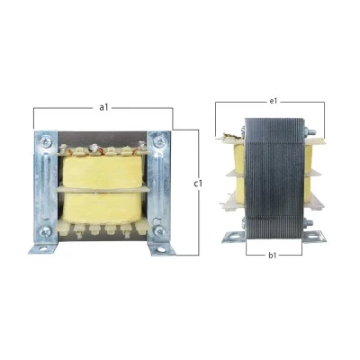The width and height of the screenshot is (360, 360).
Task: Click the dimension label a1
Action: click(x=103, y=107)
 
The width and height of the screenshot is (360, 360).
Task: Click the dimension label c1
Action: click(x=198, y=184)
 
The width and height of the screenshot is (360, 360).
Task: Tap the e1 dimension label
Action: click(x=273, y=102)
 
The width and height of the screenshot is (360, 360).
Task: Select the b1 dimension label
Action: click(x=273, y=256)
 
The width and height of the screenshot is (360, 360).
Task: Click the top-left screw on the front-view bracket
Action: click(x=46, y=140)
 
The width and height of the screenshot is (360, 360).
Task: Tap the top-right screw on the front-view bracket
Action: click(x=158, y=140)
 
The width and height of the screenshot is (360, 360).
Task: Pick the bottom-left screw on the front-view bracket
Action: click(x=46, y=231)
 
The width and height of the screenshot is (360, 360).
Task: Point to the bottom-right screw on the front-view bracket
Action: click(x=159, y=231)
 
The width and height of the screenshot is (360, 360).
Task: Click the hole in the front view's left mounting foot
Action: click(x=42, y=248)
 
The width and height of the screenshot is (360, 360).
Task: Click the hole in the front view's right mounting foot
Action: click(x=161, y=249)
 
